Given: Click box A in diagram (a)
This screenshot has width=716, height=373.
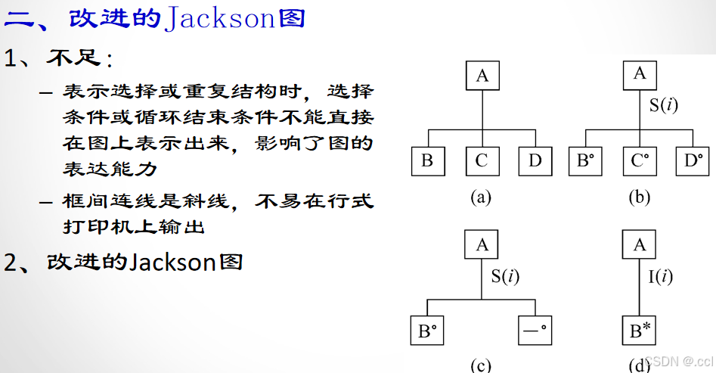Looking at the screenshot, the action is click(482, 76).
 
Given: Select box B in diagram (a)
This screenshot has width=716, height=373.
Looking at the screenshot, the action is click(427, 160).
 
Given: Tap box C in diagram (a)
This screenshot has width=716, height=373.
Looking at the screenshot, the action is click(482, 160).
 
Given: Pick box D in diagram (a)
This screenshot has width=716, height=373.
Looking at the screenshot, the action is click(535, 160).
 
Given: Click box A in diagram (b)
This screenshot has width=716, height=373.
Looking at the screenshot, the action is click(640, 73).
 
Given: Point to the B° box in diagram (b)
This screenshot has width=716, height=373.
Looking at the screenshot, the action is click(585, 160).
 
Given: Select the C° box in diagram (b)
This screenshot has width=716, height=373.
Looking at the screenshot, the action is click(640, 160).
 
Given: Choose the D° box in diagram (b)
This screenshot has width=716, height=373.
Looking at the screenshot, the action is click(693, 160).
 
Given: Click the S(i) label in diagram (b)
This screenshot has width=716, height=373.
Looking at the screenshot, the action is click(664, 105).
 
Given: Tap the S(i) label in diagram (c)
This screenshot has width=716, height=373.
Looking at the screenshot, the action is click(506, 276).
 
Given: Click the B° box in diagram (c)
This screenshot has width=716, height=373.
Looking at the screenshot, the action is click(427, 331).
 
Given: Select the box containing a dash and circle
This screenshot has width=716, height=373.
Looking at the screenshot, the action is click(535, 331).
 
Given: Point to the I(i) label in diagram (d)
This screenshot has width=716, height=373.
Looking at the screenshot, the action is click(661, 276).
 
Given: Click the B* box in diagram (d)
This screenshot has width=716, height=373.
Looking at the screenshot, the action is click(640, 331).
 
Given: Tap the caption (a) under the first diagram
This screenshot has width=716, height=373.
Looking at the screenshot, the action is click(481, 197).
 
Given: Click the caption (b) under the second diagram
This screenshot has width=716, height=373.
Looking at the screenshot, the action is click(639, 197).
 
